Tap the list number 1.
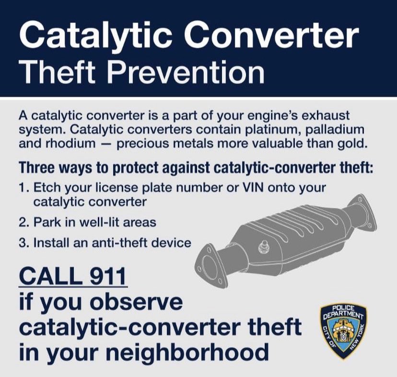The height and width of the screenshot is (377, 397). [23, 187]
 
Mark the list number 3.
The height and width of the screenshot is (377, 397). [23, 242]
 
